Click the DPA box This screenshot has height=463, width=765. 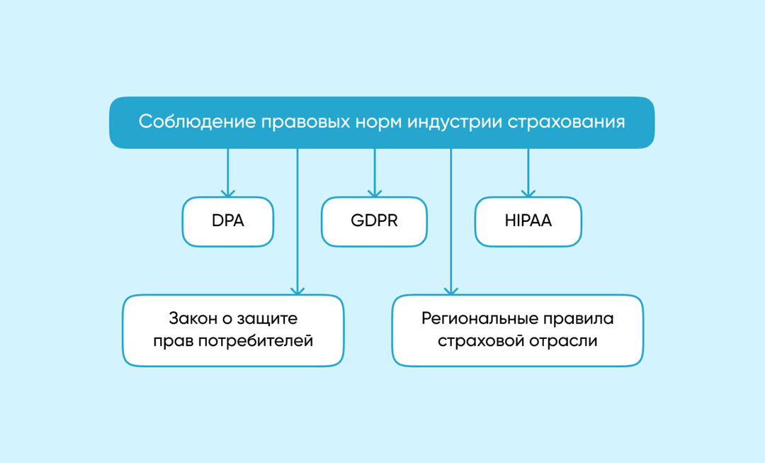click(x=228, y=221)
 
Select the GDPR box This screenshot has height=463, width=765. click(x=374, y=221)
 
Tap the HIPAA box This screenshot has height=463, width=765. click(x=528, y=221)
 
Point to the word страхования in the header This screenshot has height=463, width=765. click(x=566, y=122)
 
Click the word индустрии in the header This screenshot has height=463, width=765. click(x=455, y=122)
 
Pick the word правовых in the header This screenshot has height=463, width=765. click(x=305, y=122)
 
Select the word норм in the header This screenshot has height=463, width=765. click(x=378, y=122)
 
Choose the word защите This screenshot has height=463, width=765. click(x=266, y=318)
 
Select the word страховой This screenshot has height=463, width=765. click(x=481, y=341)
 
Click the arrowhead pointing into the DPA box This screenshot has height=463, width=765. click(x=228, y=194)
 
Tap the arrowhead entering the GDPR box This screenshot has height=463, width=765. click(x=375, y=194)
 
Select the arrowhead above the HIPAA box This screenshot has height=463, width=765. click(x=528, y=194)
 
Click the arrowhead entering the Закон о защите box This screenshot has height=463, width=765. click(x=297, y=291)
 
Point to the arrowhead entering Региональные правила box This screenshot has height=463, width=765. click(x=451, y=291)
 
